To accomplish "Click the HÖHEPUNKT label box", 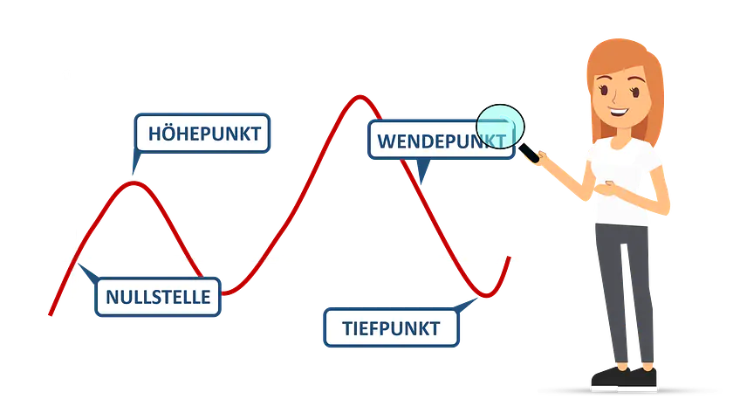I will coord(202,134).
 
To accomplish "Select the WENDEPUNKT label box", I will coord(441,140).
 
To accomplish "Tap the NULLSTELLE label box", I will coord(158,297).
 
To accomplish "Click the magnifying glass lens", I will coord(498,125).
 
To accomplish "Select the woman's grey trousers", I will coord(626,288).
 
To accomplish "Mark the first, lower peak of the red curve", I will coord(134,182).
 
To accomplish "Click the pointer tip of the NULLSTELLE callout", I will coord(79,266).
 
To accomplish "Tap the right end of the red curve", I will coord(509,258).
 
